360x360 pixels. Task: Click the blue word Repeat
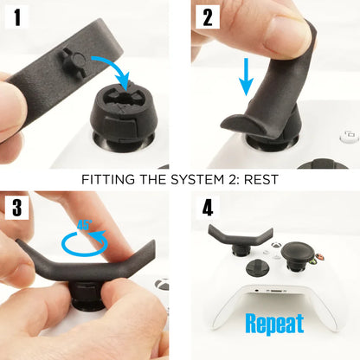(274, 324)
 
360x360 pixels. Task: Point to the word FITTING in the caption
(109, 181)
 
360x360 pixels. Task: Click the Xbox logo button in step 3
(162, 284)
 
